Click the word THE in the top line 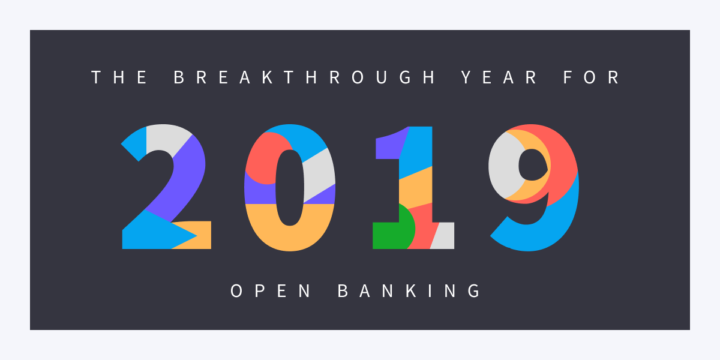(119, 77)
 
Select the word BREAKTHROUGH (305, 77)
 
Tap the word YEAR (499, 77)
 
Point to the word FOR (592, 77)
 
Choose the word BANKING (409, 291)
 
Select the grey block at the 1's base (443, 236)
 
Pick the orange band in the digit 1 (416, 188)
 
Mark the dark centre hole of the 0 (290, 187)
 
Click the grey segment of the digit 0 (318, 175)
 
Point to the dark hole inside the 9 (533, 164)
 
